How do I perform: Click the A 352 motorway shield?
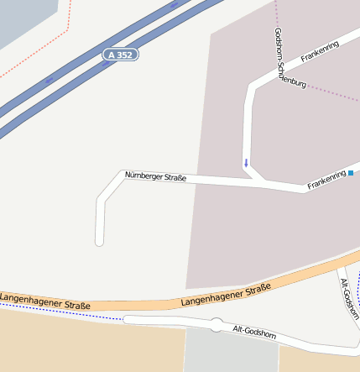coord(121,55)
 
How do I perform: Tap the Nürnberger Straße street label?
coord(155,176)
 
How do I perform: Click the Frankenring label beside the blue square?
coord(326,179)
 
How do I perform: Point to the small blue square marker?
coord(351,173)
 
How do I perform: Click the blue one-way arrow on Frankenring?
coord(246,162)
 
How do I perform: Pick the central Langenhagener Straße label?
coord(226,295)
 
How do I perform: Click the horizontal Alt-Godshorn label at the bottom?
coord(254,333)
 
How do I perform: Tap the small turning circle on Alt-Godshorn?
coord(217,324)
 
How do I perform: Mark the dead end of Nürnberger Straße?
coord(99,241)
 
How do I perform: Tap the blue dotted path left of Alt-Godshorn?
coord(67,314)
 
